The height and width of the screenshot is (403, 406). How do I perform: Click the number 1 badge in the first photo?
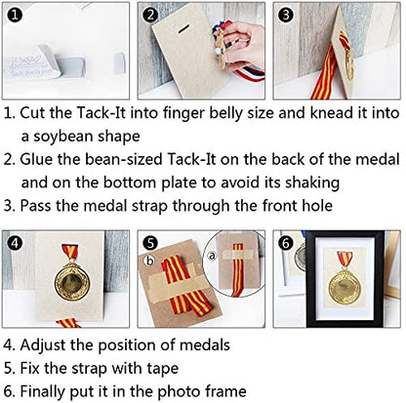pyautogui.click(x=14, y=15)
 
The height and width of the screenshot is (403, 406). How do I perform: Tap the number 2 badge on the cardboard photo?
pyautogui.click(x=150, y=15)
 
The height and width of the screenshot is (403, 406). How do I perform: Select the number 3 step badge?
pyautogui.click(x=286, y=15)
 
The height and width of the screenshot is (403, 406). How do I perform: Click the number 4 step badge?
pyautogui.click(x=14, y=243)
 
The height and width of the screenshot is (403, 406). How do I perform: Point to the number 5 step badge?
pyautogui.click(x=150, y=243)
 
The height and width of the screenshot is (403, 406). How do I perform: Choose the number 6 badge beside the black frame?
pyautogui.click(x=286, y=243)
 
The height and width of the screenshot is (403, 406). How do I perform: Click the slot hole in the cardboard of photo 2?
pyautogui.click(x=184, y=28)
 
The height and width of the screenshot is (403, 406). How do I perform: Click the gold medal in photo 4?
pyautogui.click(x=71, y=281)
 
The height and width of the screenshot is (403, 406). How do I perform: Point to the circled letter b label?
pyautogui.click(x=150, y=261)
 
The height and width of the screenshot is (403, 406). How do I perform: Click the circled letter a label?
pyautogui.click(x=211, y=257)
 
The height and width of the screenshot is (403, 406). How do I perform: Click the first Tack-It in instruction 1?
pyautogui.click(x=101, y=113)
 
